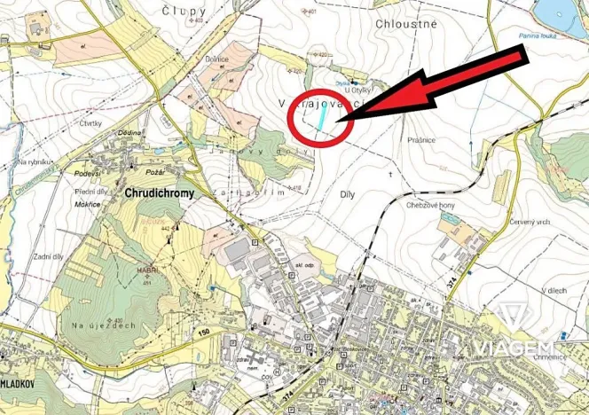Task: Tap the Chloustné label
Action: [x=407, y=24]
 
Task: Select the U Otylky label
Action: [x=357, y=90]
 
